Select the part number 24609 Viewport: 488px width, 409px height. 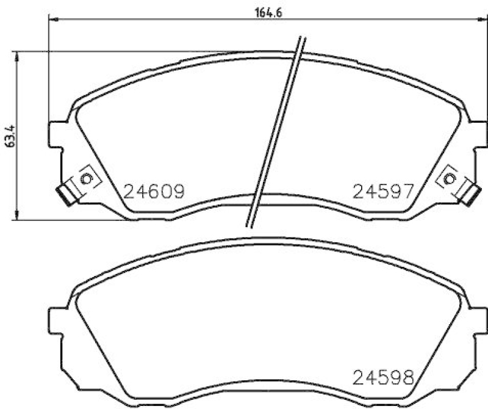click(x=154, y=193)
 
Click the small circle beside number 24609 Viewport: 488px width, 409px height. click(x=85, y=179)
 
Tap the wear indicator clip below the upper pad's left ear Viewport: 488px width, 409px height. click(x=64, y=194)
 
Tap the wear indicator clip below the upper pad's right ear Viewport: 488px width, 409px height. click(x=470, y=194)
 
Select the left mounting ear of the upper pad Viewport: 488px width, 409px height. click(x=57, y=135)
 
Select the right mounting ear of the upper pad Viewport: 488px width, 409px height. click(x=478, y=135)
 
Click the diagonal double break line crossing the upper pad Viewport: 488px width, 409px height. click(x=274, y=131)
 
